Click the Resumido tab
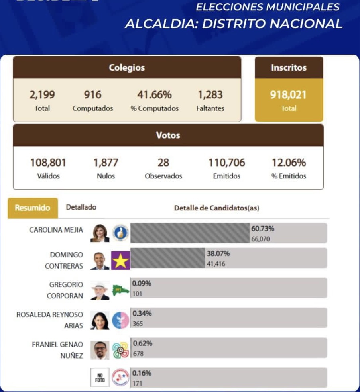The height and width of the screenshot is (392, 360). (x=32, y=208)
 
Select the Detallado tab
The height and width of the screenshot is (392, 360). (x=81, y=207)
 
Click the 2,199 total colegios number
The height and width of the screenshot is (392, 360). (x=42, y=95)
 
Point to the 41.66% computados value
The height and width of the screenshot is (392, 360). (x=154, y=95)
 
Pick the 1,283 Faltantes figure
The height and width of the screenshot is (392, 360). (x=210, y=95)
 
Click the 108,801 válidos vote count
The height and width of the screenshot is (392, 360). (x=48, y=163)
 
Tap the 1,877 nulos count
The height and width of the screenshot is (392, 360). (x=106, y=163)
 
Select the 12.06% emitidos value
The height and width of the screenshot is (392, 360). (x=289, y=163)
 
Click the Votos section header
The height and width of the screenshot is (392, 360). (x=168, y=135)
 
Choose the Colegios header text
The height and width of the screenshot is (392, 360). (x=127, y=68)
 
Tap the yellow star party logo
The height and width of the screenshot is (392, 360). (x=120, y=261)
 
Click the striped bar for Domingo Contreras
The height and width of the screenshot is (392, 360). (x=167, y=258)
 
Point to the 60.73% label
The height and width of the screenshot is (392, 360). (x=263, y=229)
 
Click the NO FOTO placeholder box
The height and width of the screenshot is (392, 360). (x=100, y=377)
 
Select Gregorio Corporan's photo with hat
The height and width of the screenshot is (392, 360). (x=100, y=290)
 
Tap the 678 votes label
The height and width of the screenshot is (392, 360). (x=138, y=354)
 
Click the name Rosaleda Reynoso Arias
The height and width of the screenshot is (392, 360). (x=50, y=320)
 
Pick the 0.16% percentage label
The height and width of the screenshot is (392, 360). (x=142, y=374)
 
